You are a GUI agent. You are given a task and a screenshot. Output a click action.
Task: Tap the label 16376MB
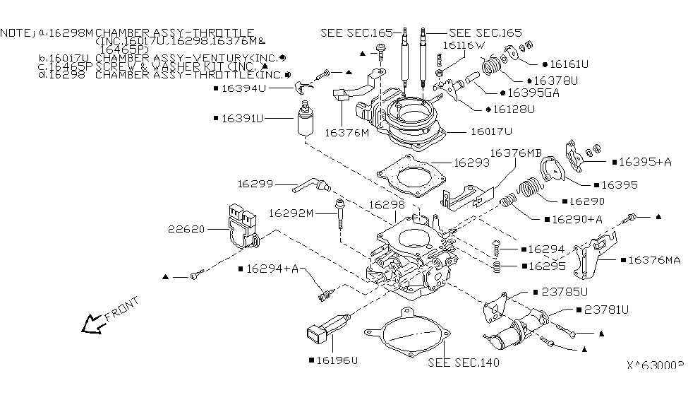[516, 153]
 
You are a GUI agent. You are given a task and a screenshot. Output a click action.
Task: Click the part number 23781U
[606, 309]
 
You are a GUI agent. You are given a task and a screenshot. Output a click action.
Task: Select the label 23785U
[565, 290]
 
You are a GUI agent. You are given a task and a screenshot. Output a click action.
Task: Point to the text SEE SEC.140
[464, 363]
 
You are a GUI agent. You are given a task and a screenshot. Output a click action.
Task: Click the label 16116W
[464, 45]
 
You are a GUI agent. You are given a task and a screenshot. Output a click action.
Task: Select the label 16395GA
[532, 93]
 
